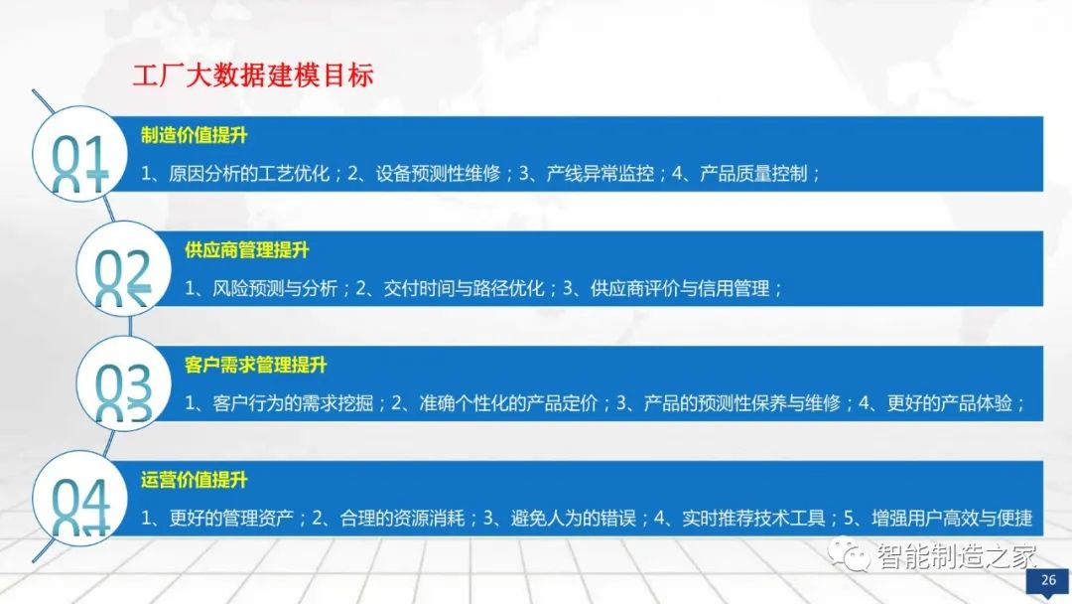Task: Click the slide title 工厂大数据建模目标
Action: point(253,76)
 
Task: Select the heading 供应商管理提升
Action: point(247,251)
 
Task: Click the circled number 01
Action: point(79,159)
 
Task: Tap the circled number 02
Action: point(123,274)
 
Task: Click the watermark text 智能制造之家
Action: point(956,556)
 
